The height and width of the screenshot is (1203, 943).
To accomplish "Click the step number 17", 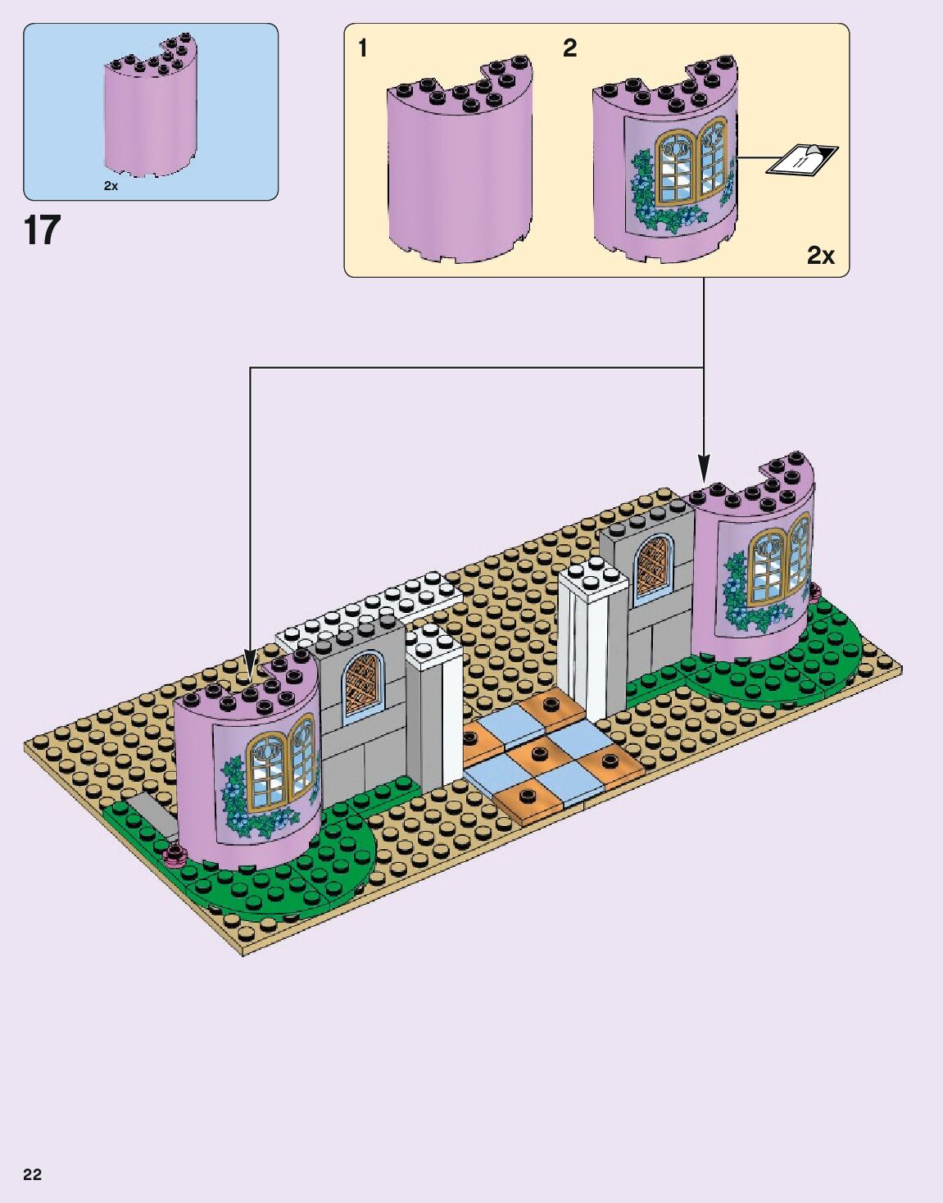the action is pyautogui.click(x=42, y=230).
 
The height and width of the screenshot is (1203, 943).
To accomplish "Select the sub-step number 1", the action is pyautogui.click(x=362, y=48).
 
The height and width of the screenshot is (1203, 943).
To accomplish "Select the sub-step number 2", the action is pyautogui.click(x=569, y=48).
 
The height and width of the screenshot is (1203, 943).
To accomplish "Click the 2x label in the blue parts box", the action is pyautogui.click(x=111, y=186).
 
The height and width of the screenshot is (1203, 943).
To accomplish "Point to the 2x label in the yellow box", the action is pyautogui.click(x=820, y=256).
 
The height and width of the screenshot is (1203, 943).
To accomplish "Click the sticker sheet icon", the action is pyautogui.click(x=802, y=159).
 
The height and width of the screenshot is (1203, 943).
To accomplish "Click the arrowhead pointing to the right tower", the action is pyautogui.click(x=703, y=472).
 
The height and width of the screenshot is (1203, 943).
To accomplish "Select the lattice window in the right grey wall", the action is pyautogui.click(x=654, y=565).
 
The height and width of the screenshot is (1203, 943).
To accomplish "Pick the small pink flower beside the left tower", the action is pyautogui.click(x=175, y=856).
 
